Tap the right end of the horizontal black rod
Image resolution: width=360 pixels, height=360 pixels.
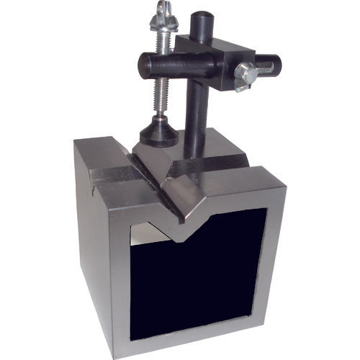pyautogui.click(x=274, y=66)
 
